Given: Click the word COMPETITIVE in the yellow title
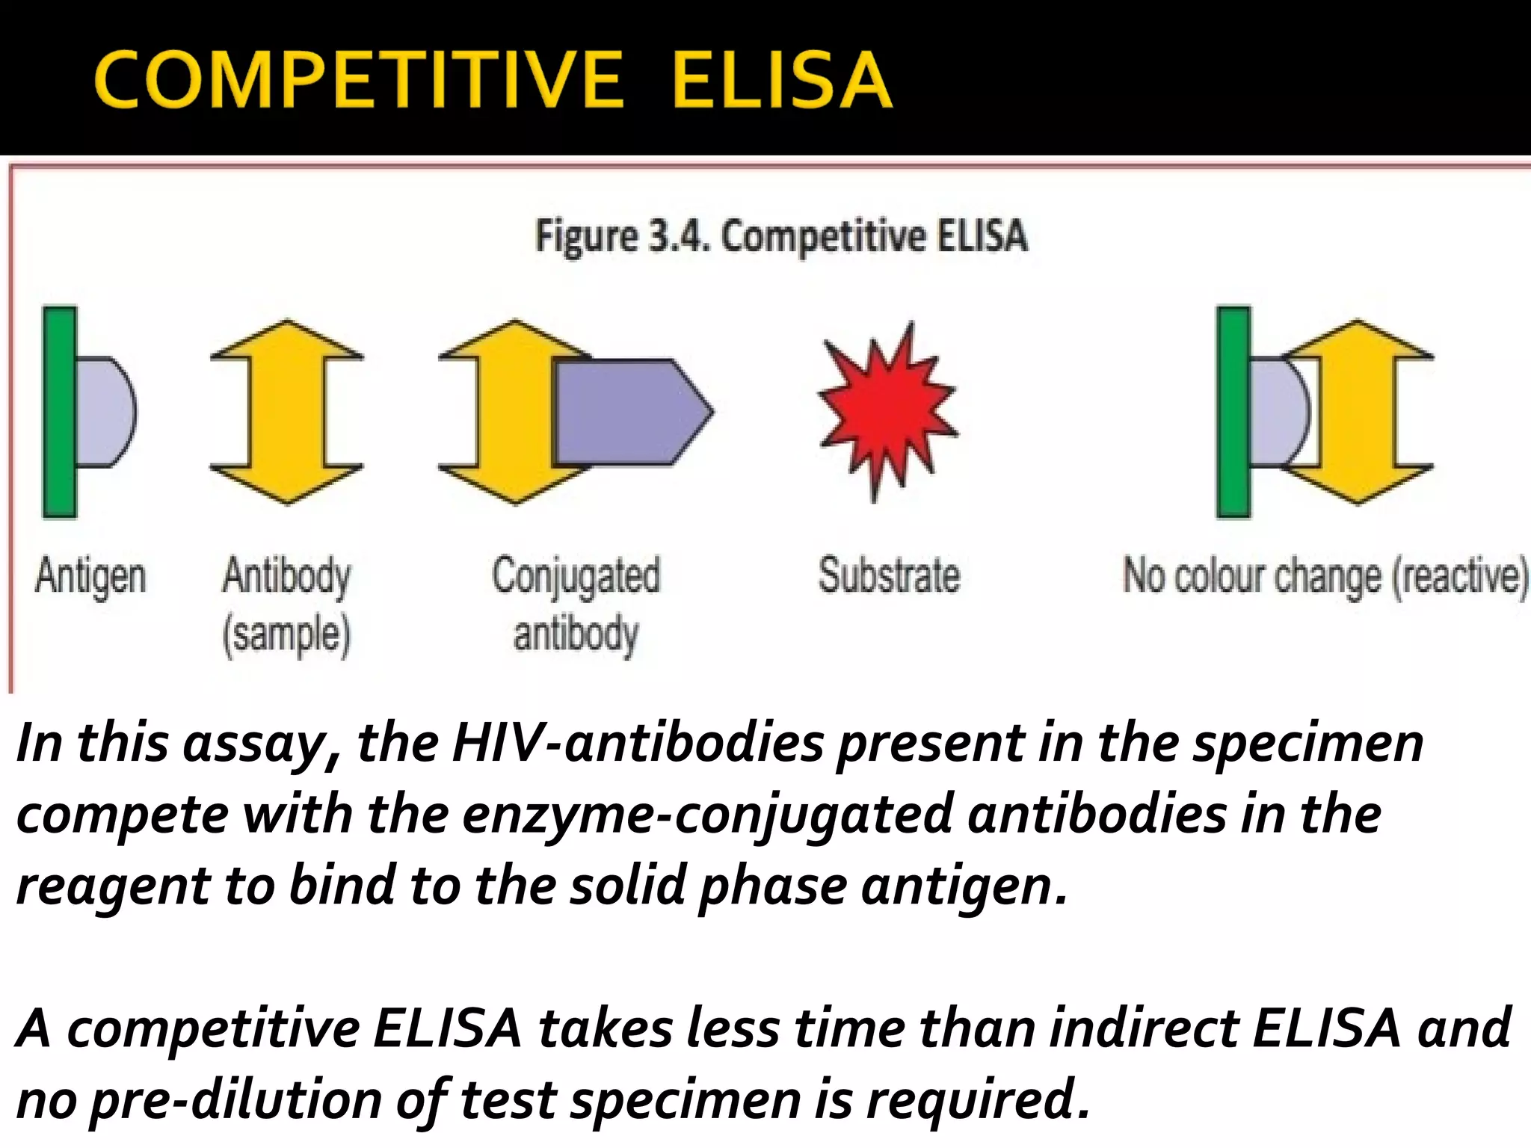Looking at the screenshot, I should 358,80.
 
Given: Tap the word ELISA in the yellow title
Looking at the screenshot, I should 781,80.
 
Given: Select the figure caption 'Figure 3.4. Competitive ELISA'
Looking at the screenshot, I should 781,236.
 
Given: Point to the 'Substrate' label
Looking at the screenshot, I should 889,575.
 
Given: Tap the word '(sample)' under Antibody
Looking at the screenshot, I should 286,635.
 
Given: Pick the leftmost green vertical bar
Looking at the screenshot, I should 59,411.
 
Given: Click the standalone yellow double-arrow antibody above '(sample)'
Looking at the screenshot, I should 286,411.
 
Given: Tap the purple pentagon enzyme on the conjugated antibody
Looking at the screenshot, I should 632,411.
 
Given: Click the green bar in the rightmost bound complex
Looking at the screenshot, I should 1233,411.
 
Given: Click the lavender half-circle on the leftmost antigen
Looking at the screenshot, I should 105,411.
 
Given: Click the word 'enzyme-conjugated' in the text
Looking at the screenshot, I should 707,815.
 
